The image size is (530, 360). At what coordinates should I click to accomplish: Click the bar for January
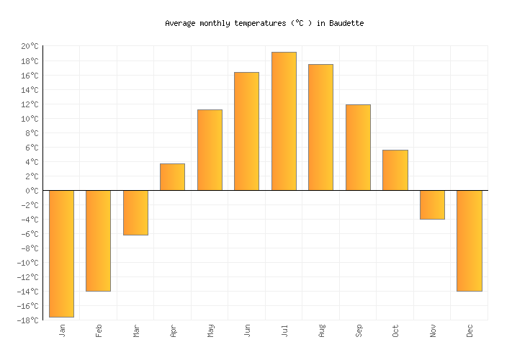point(61,253)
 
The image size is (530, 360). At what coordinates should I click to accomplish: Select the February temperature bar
point(98,240)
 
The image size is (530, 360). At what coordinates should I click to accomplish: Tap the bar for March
point(135,212)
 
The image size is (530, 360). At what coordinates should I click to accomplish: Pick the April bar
point(172,177)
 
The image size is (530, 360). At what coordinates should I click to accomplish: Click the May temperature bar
point(210,150)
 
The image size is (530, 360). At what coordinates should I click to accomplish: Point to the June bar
point(246,131)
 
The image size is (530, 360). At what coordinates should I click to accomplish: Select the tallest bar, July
point(284,121)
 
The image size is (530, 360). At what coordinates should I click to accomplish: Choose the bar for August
point(320,127)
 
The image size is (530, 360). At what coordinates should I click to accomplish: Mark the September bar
point(358,148)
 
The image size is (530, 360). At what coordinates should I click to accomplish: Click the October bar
point(395,170)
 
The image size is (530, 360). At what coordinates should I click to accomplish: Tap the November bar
point(432,204)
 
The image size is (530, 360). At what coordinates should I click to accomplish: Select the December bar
point(469,240)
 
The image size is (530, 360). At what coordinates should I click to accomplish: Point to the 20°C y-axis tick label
point(30,46)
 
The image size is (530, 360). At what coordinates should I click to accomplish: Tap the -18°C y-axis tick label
point(28,320)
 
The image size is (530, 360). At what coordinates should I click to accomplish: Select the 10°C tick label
point(30,119)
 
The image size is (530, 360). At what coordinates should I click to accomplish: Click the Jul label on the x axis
point(284,330)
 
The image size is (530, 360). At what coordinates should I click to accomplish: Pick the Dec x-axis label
point(470,330)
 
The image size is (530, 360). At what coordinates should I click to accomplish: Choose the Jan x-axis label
point(62,330)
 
